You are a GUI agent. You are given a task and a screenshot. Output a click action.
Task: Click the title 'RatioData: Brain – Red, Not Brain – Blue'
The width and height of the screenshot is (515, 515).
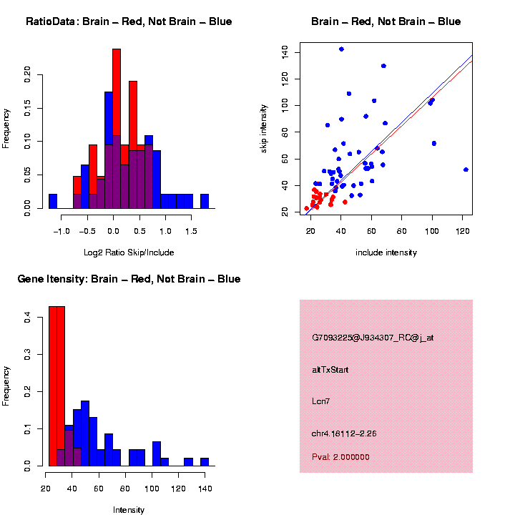[x=129, y=21]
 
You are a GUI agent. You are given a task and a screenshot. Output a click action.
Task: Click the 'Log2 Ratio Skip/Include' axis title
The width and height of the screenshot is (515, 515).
[x=129, y=252]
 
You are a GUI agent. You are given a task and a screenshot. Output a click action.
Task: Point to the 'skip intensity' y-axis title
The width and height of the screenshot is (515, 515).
[x=264, y=128]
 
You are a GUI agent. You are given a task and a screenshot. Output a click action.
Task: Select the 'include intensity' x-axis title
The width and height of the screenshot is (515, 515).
[x=386, y=252]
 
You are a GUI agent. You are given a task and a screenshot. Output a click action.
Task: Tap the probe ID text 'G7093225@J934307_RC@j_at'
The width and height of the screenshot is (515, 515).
[x=373, y=338]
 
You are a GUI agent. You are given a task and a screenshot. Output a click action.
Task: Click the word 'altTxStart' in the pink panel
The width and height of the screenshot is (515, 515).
[x=330, y=370]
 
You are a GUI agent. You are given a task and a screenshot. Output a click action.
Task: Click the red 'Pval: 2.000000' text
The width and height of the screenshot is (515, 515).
[x=340, y=457]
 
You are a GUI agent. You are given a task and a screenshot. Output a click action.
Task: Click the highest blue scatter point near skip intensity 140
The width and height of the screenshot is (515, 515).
[x=341, y=49]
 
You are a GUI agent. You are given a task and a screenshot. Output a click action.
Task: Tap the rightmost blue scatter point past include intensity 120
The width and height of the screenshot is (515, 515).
[x=466, y=170]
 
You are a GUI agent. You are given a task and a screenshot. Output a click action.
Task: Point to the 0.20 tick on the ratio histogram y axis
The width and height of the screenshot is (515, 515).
[x=28, y=74]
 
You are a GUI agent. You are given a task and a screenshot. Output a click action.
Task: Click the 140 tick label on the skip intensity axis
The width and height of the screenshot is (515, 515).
[x=285, y=51]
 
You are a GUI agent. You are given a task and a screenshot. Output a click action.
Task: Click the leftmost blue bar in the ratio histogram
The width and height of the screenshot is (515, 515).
[x=53, y=201]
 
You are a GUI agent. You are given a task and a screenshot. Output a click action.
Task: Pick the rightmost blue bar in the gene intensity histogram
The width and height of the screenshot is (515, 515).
[x=204, y=462]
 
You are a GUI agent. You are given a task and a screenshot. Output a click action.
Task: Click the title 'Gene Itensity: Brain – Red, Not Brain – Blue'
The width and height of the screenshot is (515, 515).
[x=129, y=279]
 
